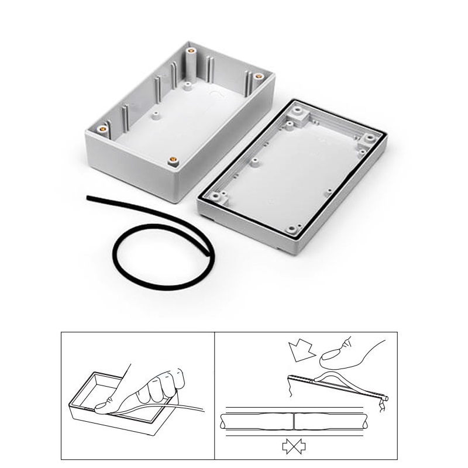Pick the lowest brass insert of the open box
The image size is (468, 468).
click(x=174, y=159)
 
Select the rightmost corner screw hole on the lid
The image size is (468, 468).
click(x=370, y=139)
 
